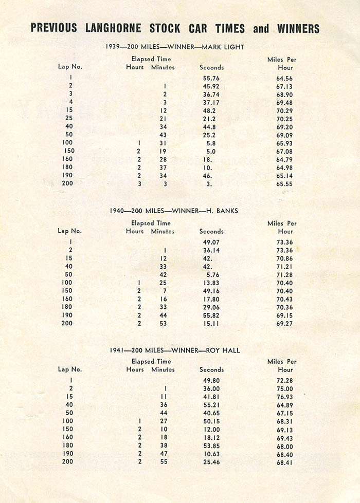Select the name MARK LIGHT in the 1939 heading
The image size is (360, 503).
point(223,47)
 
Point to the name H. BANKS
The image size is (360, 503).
point(223,210)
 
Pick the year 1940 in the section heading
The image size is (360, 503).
point(118,210)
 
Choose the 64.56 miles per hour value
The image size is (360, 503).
point(284,79)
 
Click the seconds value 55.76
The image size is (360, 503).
point(211,79)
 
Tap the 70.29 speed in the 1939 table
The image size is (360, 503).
point(284,110)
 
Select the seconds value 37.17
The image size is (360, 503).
point(211,103)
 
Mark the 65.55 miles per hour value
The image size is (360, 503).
point(284,183)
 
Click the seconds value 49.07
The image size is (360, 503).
point(211,242)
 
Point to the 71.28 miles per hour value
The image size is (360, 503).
point(284,274)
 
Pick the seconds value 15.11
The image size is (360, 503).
point(211,323)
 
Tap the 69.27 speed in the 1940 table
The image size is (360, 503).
point(284,323)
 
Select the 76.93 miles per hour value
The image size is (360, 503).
point(284,397)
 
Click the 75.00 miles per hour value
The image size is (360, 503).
point(284,388)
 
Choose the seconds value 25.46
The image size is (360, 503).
point(211,461)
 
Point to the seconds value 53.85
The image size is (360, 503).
point(211,445)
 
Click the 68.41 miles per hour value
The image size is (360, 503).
point(284,461)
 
